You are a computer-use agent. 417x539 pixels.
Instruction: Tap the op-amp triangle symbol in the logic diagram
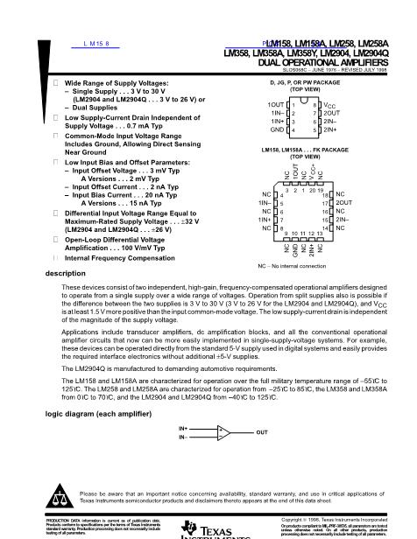[225, 432]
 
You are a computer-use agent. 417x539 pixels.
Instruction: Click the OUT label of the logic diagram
[262, 432]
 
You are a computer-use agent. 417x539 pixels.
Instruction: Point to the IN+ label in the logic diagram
[183, 428]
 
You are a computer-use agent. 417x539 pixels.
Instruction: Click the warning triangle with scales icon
[60, 497]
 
